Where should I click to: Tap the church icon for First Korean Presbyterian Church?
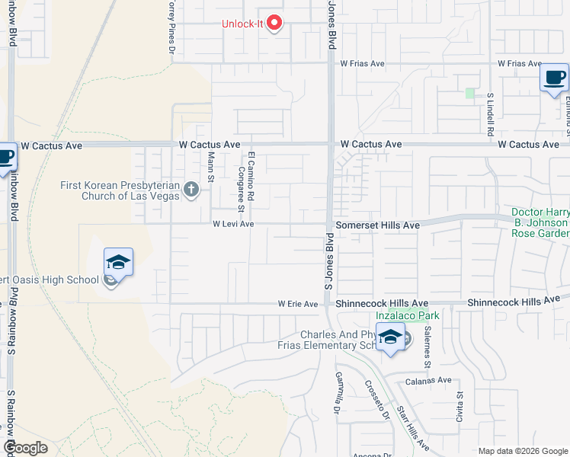coord(191,189)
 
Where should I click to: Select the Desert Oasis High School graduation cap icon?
coord(119,264)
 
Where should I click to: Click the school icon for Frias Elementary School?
coord(390,337)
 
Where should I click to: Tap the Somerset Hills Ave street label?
coord(378,225)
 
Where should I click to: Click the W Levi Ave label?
coord(233,225)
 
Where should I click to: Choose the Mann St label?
coord(210,161)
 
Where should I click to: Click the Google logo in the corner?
coord(25,448)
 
